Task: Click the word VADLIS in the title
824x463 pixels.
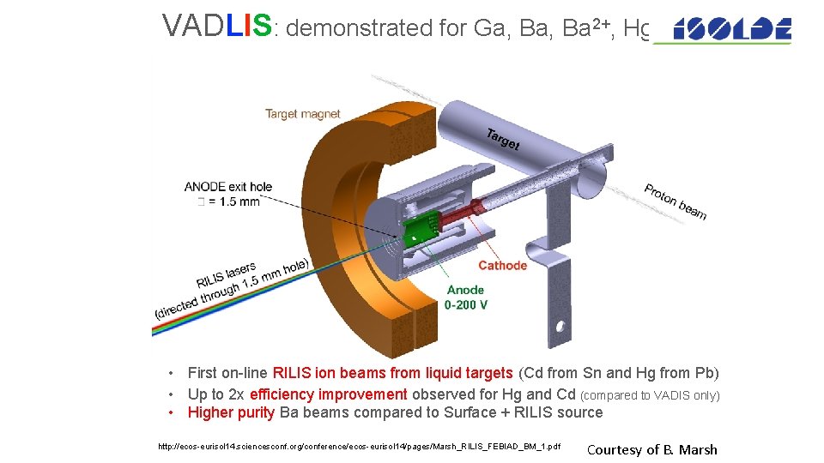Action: [x=217, y=27]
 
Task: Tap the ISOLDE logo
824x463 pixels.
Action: [x=731, y=30]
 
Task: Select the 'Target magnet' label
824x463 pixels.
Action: [x=302, y=113]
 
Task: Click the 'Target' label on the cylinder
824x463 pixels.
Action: [x=502, y=139]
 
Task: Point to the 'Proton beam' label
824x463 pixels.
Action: [x=676, y=201]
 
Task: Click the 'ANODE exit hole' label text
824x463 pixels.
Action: [x=227, y=186]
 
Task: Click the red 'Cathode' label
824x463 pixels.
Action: [x=502, y=265]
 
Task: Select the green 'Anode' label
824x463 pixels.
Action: [x=465, y=290]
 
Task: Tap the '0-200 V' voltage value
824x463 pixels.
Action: [x=465, y=304]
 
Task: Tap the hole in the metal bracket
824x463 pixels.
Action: [x=562, y=327]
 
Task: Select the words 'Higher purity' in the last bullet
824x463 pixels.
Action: [x=231, y=412]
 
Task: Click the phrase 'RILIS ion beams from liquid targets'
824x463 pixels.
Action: [x=393, y=373]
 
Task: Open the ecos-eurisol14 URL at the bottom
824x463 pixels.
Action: [x=360, y=447]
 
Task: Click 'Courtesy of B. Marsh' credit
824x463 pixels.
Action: [x=651, y=449]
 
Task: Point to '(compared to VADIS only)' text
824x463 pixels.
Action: [x=651, y=395]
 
